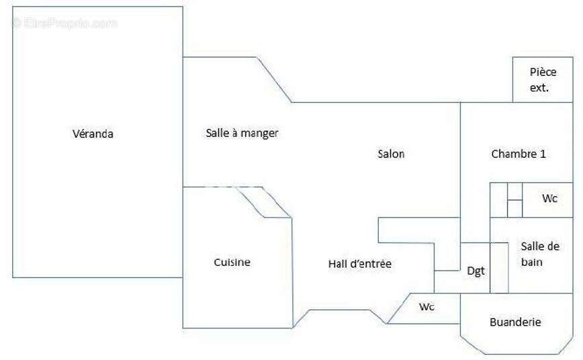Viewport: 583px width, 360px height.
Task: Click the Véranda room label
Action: click(93, 134)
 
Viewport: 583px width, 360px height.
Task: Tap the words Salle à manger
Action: click(242, 133)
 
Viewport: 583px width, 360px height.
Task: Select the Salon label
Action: click(391, 154)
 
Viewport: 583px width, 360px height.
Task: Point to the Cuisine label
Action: click(232, 262)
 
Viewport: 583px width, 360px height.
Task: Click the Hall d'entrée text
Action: click(360, 264)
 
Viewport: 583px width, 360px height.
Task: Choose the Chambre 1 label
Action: click(519, 154)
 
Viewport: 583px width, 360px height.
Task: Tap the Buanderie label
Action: click(515, 322)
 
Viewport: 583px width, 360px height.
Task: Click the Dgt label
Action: click(476, 271)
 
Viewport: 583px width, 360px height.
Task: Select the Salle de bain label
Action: click(540, 254)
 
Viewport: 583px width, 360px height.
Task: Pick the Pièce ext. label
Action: click(543, 79)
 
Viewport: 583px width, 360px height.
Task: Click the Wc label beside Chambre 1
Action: click(550, 198)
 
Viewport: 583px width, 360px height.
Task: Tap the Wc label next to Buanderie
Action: click(427, 307)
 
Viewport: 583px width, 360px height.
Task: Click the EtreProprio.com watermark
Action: click(64, 23)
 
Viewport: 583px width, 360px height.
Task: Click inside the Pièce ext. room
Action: click(543, 79)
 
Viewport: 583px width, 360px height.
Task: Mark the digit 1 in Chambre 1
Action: click(543, 154)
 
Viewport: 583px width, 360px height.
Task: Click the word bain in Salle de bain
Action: click(532, 262)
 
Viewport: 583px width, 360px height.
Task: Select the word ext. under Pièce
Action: click(539, 88)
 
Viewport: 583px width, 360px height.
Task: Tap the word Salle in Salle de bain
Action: click(531, 246)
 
